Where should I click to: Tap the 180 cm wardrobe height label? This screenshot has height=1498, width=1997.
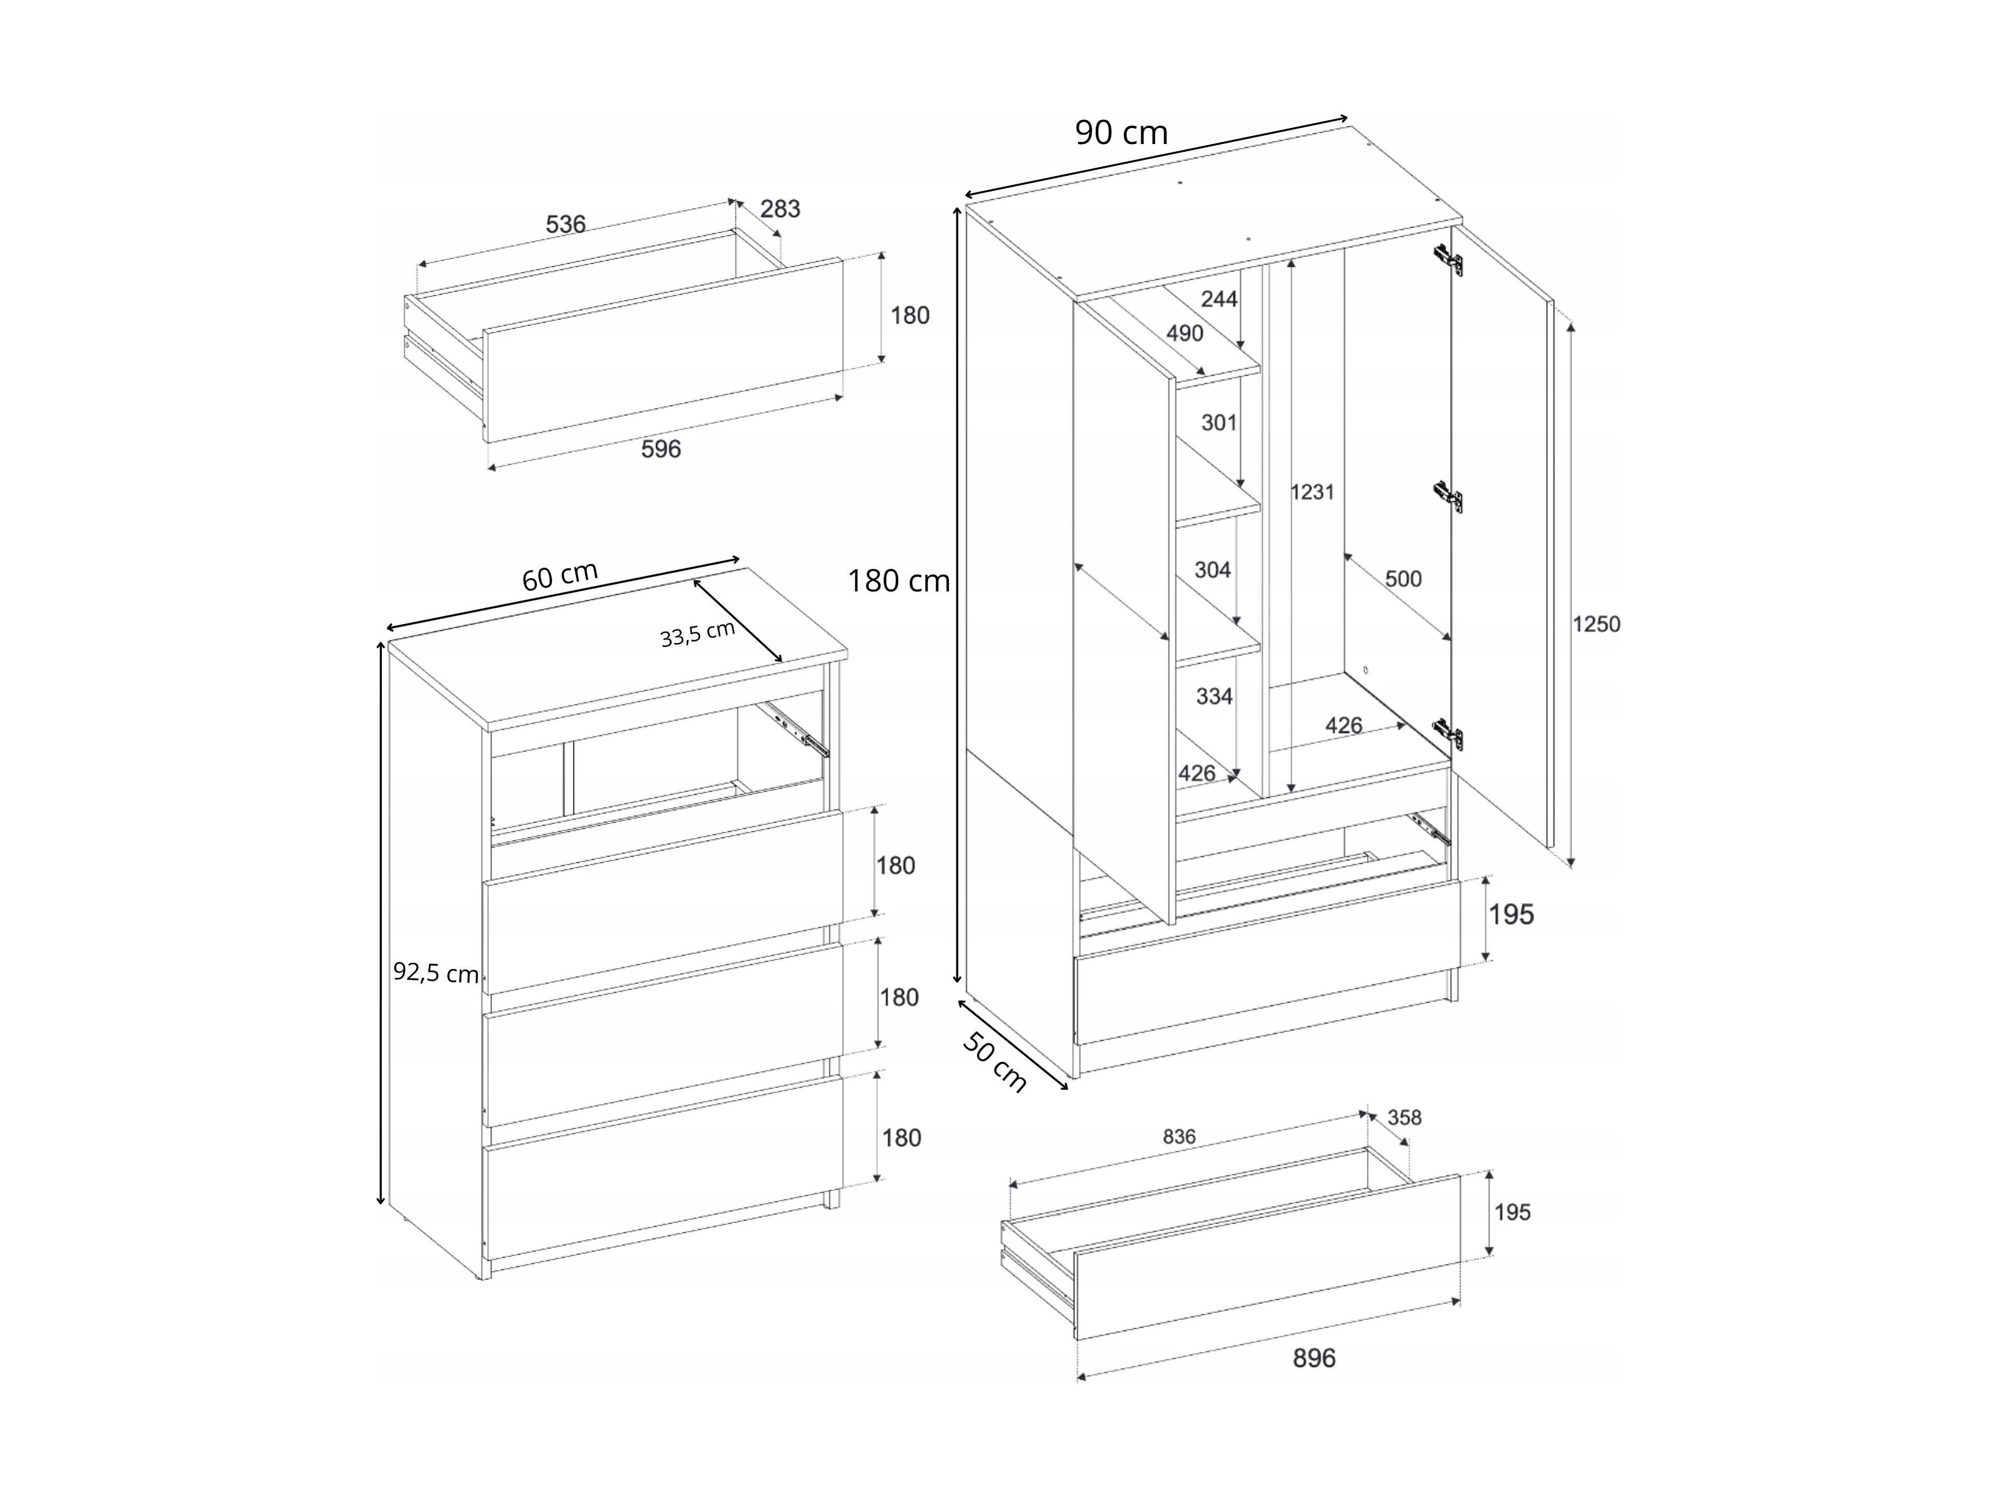point(898,581)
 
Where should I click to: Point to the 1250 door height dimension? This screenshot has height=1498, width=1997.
point(1596,624)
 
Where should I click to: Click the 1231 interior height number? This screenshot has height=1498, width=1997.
point(1312,492)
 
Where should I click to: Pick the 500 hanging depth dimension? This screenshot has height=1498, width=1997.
point(1403,579)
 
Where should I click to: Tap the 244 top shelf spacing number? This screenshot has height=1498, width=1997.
point(1219,299)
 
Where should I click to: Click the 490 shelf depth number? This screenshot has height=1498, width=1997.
point(1184,333)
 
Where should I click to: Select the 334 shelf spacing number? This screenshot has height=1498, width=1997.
point(1214,696)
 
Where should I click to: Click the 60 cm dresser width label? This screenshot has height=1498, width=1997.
point(560,576)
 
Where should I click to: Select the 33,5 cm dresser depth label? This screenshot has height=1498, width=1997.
point(698,634)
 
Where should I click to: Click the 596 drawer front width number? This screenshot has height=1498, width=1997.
point(661,449)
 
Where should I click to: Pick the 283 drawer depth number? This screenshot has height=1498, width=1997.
point(780,209)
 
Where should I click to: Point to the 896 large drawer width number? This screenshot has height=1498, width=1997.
point(1314,1358)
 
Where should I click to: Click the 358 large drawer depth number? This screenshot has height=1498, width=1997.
point(1405,1118)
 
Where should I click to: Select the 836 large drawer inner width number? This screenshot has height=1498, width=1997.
point(1179,1137)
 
